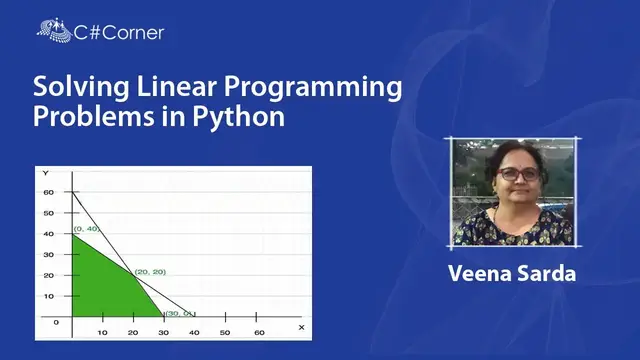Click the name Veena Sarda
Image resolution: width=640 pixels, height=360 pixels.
(x=512, y=273)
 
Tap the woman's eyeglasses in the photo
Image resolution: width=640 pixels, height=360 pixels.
(x=518, y=174)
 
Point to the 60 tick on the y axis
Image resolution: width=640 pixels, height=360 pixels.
(x=48, y=192)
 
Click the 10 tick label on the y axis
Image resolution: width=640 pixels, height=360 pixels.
(x=48, y=296)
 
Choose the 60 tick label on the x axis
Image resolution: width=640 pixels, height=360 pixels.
(x=260, y=331)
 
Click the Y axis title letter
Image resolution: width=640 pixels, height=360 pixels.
(x=46, y=174)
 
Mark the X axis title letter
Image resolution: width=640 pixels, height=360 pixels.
(x=302, y=327)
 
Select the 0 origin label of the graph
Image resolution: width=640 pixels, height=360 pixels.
(x=57, y=322)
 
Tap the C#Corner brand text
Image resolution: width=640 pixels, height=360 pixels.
(x=119, y=32)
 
